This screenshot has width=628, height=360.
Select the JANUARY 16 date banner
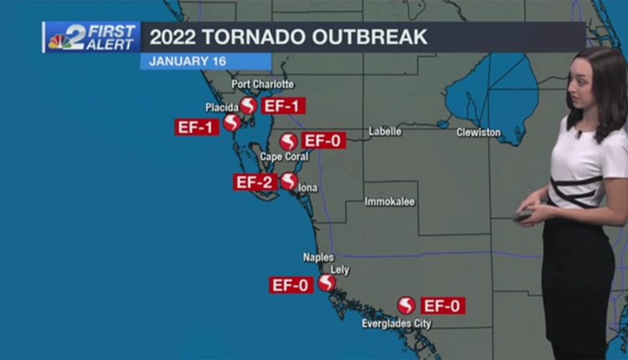pyautogui.click(x=182, y=62)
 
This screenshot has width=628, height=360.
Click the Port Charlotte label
pyautogui.click(x=263, y=85)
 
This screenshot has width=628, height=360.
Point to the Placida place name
pyautogui.click(x=221, y=107)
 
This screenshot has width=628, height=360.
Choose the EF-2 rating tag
pyautogui.click(x=255, y=182)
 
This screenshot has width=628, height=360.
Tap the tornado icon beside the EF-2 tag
pyautogui.click(x=289, y=181)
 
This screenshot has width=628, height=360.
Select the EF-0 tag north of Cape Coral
pyautogui.click(x=323, y=141)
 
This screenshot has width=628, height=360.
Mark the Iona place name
pyautogui.click(x=308, y=188)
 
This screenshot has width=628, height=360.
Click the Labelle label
pyautogui.click(x=385, y=132)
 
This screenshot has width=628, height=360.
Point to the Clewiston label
pyautogui.click(x=479, y=133)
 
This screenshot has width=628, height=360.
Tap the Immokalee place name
pyautogui.click(x=389, y=202)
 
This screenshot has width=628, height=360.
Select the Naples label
pyautogui.click(x=318, y=258)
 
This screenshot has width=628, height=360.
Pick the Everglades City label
pyautogui.click(x=397, y=323)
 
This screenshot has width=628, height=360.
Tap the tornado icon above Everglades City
pyautogui.click(x=406, y=306)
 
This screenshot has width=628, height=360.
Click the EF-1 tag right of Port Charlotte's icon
pyautogui.click(x=283, y=105)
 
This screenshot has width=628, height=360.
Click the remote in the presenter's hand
pyautogui.click(x=523, y=215)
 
